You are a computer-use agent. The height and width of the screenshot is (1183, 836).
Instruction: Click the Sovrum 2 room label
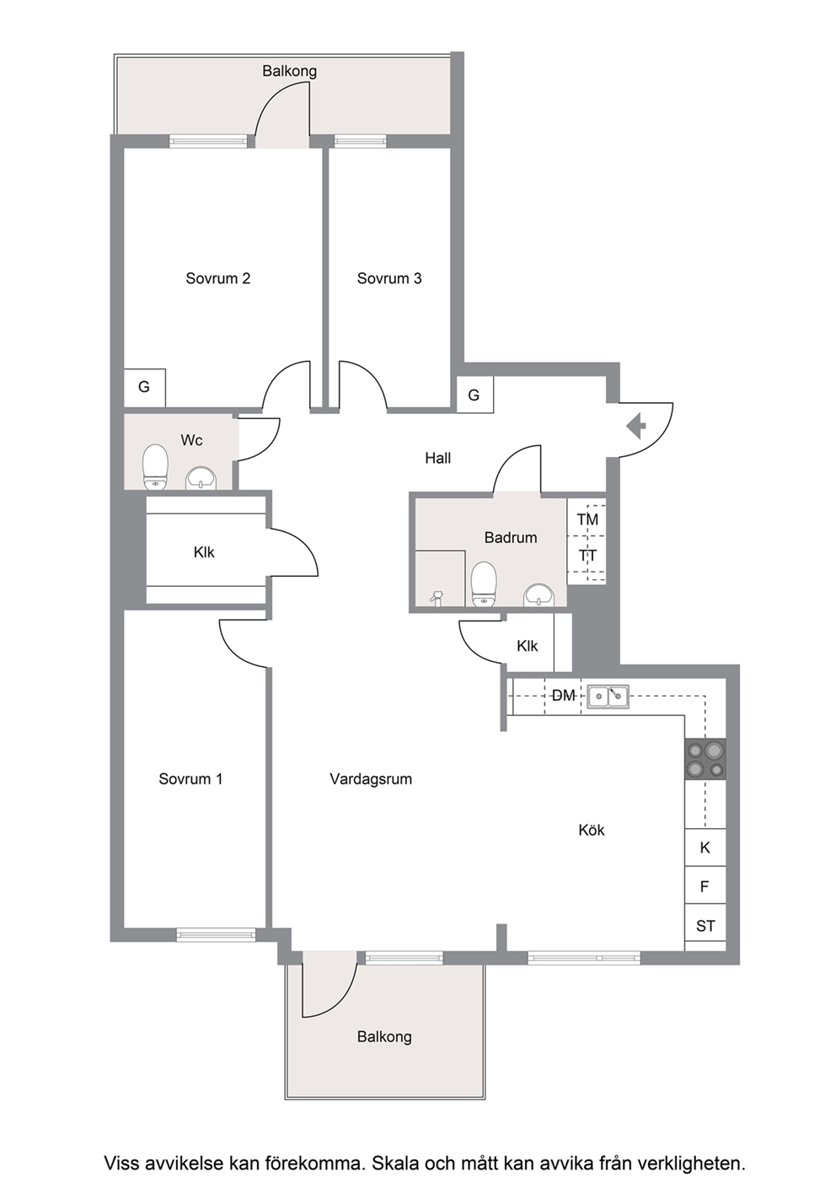[218, 278]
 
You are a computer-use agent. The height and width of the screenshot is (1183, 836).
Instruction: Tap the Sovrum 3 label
[389, 278]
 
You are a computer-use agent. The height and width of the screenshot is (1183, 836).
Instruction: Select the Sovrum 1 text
[190, 779]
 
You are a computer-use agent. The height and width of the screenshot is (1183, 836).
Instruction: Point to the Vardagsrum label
[371, 779]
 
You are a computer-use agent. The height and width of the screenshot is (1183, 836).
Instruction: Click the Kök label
[591, 831]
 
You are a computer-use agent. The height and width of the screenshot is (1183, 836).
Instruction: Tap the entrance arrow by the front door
[636, 426]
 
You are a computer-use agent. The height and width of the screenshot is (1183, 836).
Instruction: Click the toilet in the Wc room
[155, 466]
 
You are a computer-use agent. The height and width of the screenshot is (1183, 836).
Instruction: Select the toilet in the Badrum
[484, 583]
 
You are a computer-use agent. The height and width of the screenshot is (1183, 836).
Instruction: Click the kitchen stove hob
[705, 759]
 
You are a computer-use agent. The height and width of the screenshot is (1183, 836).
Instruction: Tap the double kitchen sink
[608, 696]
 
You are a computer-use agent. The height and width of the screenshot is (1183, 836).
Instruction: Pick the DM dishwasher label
[563, 696]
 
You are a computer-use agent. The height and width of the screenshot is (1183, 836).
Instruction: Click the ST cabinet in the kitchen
[705, 927]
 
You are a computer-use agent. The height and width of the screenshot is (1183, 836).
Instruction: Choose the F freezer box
[705, 885]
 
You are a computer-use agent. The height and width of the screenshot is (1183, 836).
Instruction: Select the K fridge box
[705, 847]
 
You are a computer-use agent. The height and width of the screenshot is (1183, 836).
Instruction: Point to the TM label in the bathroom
[587, 519]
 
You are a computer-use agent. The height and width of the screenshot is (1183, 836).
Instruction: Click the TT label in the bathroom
[587, 556]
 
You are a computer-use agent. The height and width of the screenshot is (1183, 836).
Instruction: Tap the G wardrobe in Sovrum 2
[144, 388]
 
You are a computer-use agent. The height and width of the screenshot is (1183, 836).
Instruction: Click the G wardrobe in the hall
[474, 395]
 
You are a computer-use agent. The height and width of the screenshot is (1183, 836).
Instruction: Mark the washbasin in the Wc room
[201, 478]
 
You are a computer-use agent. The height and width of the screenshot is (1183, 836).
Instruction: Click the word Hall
[438, 458]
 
